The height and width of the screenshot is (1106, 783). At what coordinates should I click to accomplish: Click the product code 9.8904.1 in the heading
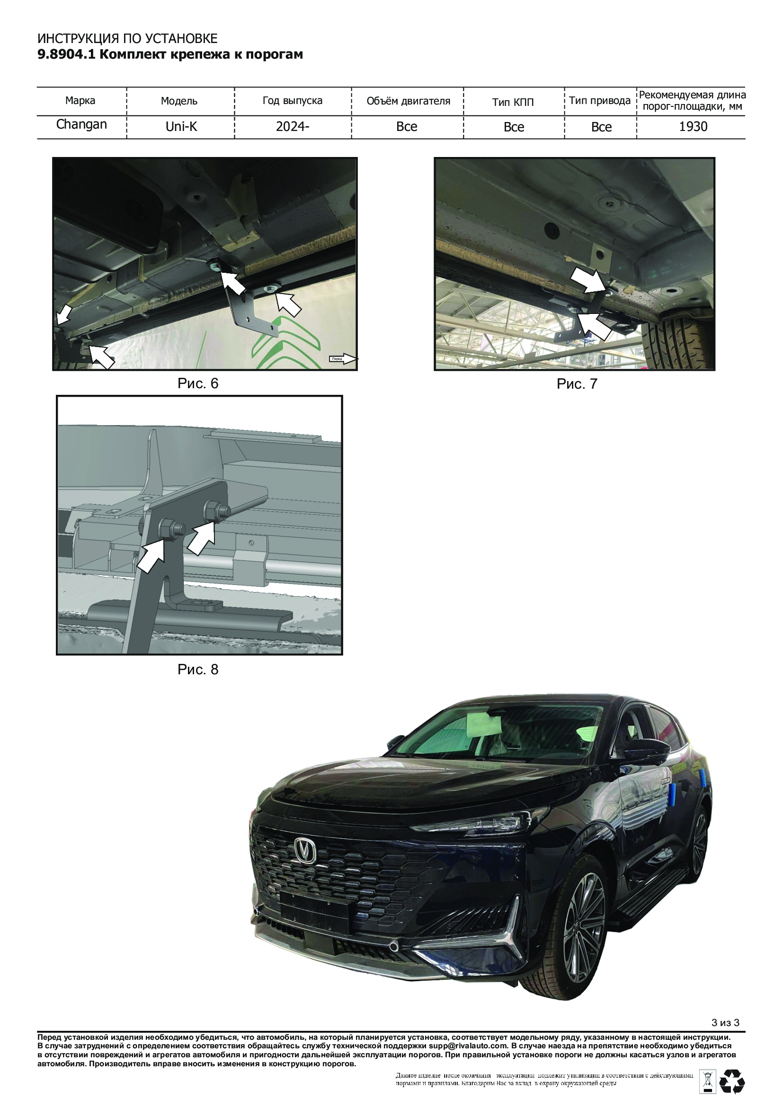[x=68, y=54]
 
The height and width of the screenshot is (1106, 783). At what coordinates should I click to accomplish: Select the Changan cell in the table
[x=81, y=124]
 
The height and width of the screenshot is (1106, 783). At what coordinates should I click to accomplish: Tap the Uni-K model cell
[x=181, y=126]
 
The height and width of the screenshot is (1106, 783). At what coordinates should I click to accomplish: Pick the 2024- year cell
[x=293, y=126]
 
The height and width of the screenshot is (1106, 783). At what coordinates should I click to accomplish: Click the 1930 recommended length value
[x=694, y=126]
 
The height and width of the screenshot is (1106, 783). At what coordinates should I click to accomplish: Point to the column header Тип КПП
[x=513, y=102]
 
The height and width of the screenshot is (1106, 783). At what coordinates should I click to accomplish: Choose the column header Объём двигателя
[x=409, y=101]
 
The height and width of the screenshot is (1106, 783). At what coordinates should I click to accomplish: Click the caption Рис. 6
[x=198, y=383]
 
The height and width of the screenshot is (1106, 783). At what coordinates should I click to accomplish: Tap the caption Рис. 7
[x=577, y=384]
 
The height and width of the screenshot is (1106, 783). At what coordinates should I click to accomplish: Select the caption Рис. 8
[x=198, y=670]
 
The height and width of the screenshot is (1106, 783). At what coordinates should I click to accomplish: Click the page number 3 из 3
[x=725, y=1036]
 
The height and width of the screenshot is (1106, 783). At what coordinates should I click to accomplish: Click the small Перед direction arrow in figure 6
[x=343, y=358]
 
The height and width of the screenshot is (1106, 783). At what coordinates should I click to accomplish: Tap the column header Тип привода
[x=600, y=101]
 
